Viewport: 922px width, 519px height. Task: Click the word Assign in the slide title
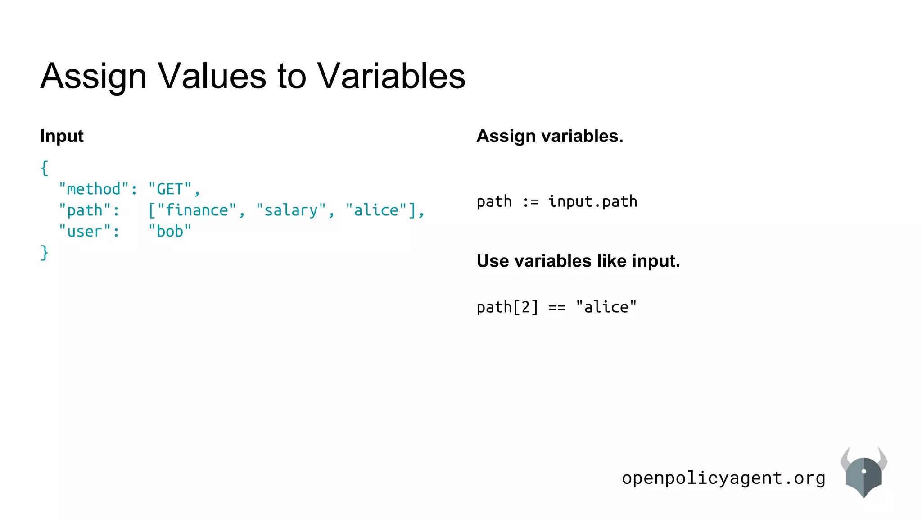[x=94, y=76]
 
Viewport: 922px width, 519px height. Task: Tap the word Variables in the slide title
[x=391, y=76]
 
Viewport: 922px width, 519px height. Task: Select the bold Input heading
[x=62, y=136]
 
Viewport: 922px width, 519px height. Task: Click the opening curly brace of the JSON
[x=44, y=168]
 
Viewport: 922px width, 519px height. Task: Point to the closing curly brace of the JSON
[x=44, y=252]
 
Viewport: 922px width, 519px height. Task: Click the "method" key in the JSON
[x=94, y=189]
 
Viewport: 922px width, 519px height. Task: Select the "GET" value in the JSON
[x=170, y=189]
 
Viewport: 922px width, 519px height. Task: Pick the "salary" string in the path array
[x=291, y=210]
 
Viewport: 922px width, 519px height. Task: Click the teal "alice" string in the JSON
[x=376, y=210]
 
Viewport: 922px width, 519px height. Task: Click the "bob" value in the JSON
[x=170, y=232]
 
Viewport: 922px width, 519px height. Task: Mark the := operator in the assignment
[x=530, y=202]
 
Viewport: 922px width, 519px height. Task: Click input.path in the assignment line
[x=593, y=201]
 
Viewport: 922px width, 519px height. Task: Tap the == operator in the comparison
[x=557, y=308]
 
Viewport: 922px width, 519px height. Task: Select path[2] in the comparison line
[x=507, y=307]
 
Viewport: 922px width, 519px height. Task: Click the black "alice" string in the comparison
[x=606, y=307]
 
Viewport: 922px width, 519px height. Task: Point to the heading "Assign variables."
[x=550, y=136]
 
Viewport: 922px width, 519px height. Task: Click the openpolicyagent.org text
[x=723, y=478]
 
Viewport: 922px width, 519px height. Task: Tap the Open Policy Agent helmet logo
[x=863, y=473]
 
